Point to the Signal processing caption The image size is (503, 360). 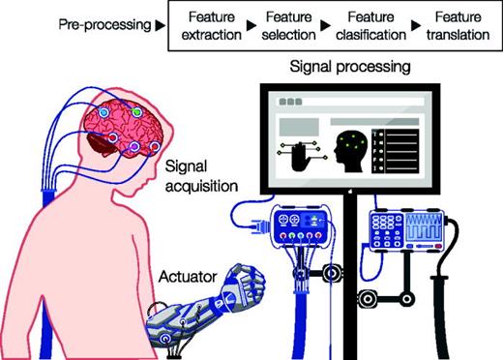tap(348, 70)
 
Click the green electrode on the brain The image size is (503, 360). tap(136, 112)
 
